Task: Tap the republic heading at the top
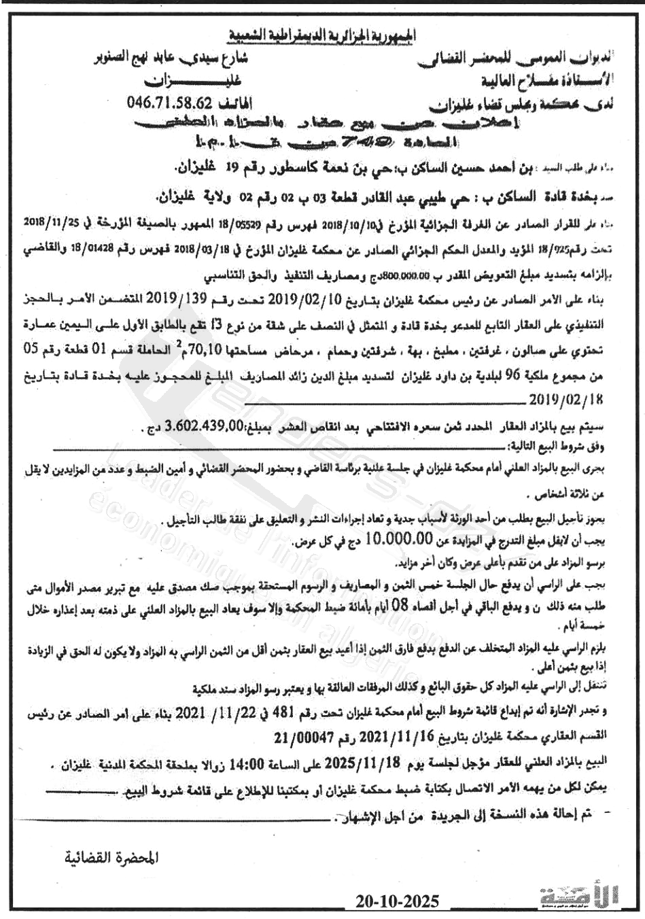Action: click(x=323, y=33)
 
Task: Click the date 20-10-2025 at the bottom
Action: click(x=398, y=901)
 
